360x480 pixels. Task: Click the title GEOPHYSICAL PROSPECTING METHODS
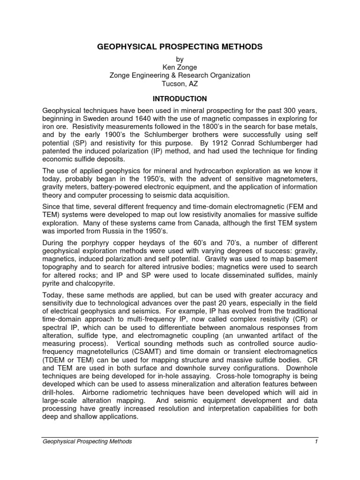point(180,47)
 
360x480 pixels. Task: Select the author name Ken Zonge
point(180,67)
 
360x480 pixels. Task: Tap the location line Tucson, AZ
point(180,83)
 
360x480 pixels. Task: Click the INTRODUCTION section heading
point(180,99)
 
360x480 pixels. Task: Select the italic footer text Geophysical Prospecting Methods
point(87,441)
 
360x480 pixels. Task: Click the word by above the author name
point(180,59)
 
